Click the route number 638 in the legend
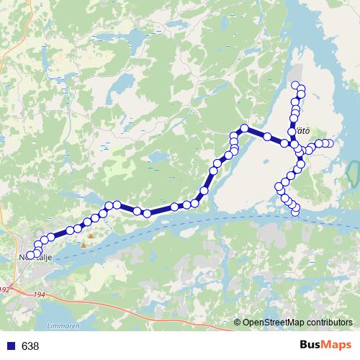pos(31,346)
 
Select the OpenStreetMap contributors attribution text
pos(298,323)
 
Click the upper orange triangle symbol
pos(90,235)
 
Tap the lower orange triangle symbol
pos(84,245)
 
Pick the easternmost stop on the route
pos(330,143)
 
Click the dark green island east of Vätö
pos(353,173)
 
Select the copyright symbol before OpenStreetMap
pos(238,323)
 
